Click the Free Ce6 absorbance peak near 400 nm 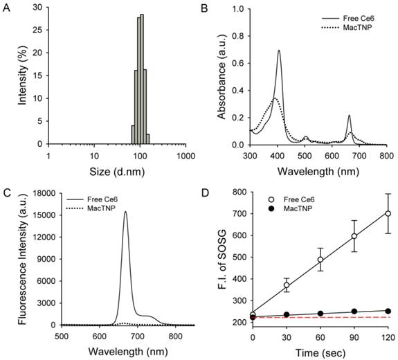coord(279,51)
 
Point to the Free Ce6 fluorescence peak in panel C coord(125,213)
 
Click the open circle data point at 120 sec coord(388,214)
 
